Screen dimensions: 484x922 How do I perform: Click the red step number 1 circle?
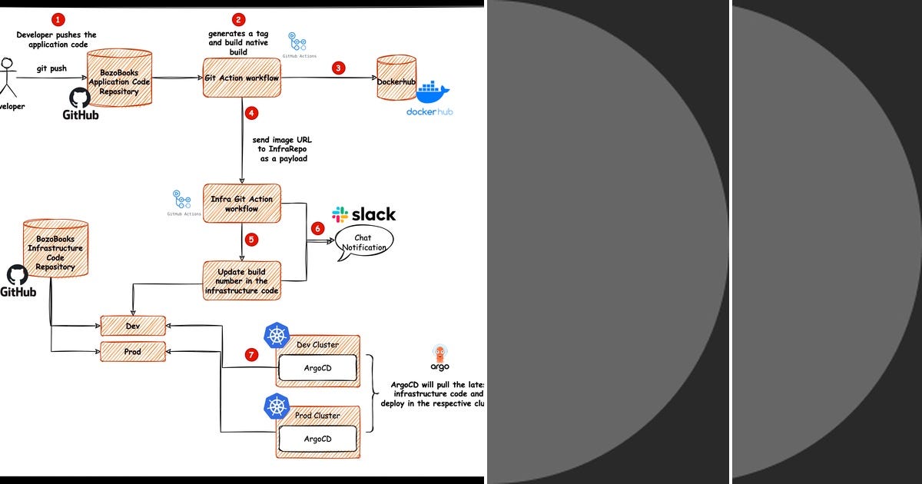click(58, 20)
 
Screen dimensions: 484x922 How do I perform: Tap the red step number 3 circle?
click(338, 68)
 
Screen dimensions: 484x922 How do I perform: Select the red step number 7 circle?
click(250, 355)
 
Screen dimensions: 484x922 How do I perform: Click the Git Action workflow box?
click(241, 78)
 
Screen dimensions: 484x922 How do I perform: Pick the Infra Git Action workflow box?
click(241, 204)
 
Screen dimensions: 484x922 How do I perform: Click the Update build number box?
click(241, 280)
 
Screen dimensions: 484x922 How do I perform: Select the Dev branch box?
click(133, 326)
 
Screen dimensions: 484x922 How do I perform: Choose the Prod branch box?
click(133, 351)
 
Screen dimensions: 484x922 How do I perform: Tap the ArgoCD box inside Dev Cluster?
click(317, 368)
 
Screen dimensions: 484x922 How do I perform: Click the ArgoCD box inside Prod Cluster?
click(317, 439)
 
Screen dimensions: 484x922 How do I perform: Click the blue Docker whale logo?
click(432, 93)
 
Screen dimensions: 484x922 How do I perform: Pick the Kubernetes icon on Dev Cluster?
click(276, 335)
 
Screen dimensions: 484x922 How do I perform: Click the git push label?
click(51, 68)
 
